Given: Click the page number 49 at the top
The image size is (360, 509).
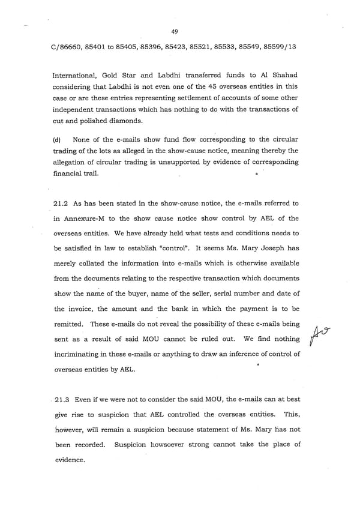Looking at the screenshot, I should [x=174, y=32].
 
